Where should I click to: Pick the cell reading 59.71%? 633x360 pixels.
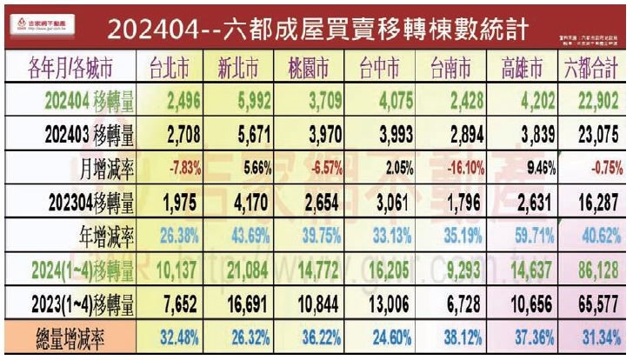click(x=523, y=235)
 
